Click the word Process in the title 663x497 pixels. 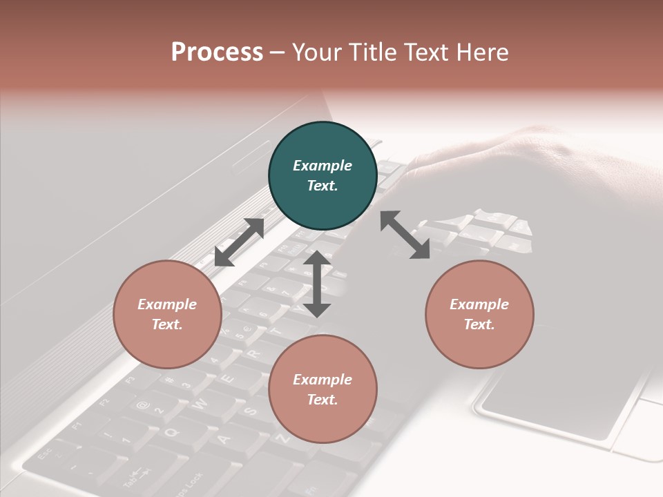(x=217, y=52)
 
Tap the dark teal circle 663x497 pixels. (x=323, y=175)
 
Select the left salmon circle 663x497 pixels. (x=167, y=314)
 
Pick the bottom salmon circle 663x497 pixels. (x=323, y=389)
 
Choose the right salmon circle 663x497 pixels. (x=479, y=314)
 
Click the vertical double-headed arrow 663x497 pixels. (x=317, y=284)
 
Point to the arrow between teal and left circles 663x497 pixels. (x=239, y=242)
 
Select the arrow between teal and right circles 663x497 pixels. (x=405, y=235)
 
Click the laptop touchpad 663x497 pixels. (x=552, y=400)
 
